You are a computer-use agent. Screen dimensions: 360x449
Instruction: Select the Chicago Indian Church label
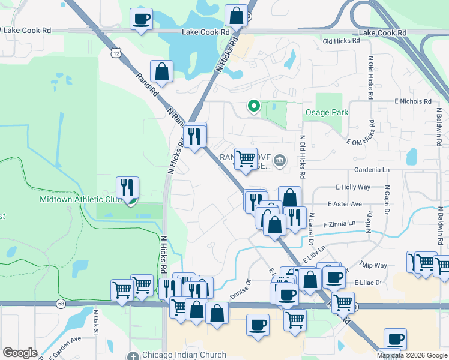coord(184,355)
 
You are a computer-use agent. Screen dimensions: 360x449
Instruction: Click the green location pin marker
coord(254,107)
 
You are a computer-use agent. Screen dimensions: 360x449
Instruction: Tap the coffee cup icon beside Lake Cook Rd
coord(141,19)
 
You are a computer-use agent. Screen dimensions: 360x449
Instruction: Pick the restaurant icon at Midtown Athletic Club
coord(127,188)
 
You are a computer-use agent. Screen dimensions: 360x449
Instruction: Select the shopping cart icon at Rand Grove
coord(245,159)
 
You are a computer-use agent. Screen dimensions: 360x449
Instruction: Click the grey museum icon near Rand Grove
coord(280,161)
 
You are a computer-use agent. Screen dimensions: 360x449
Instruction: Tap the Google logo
coord(19,353)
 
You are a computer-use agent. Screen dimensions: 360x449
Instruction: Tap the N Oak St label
coord(95,322)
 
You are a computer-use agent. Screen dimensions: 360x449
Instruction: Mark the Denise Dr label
coord(240,289)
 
